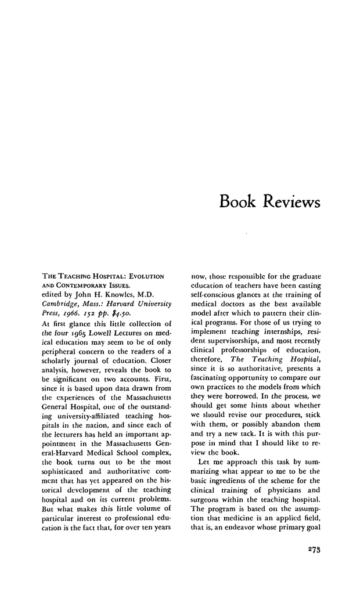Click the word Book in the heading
tap(239, 203)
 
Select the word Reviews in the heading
tap(291, 203)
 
